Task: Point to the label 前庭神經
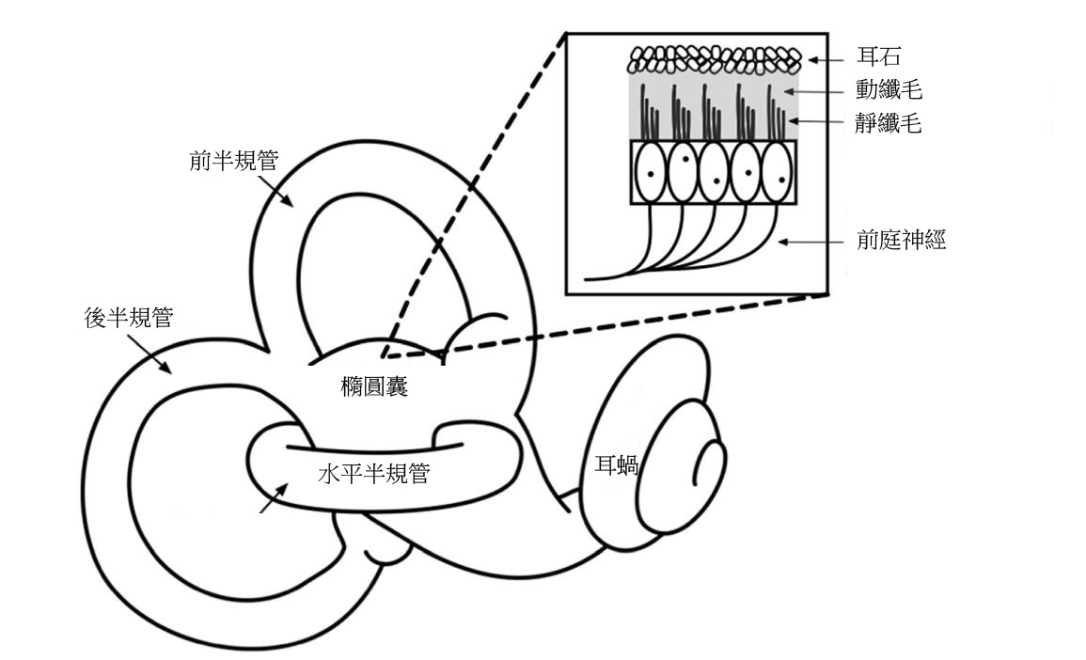(901, 241)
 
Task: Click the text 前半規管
(233, 161)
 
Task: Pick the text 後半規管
(128, 319)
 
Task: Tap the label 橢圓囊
(374, 386)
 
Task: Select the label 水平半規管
(373, 474)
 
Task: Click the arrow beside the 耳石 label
(827, 60)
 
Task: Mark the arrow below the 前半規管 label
(280, 193)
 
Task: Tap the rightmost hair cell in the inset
(778, 172)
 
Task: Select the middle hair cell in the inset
(713, 172)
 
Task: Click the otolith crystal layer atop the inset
(714, 60)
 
